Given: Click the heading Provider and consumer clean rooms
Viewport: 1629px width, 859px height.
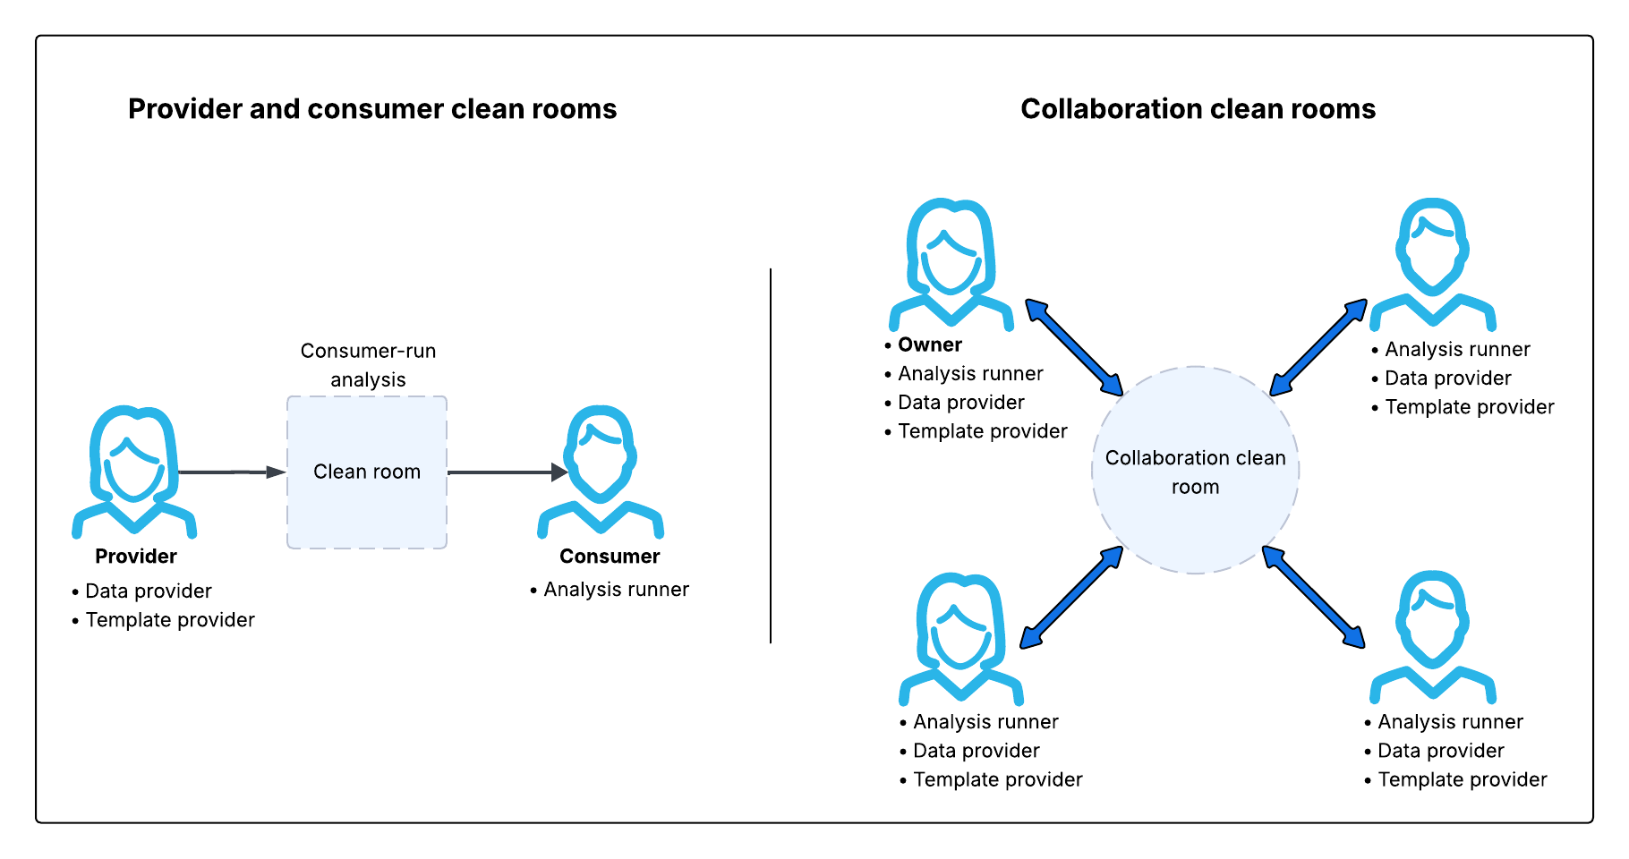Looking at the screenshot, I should pos(372,109).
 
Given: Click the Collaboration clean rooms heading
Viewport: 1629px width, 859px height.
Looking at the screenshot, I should pos(1198,109).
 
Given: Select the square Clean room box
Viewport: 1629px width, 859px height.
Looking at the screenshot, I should pos(367,472).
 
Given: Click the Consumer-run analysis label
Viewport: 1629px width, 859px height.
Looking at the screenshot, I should pos(368,365).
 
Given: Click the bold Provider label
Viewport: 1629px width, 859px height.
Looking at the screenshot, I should pos(136,557).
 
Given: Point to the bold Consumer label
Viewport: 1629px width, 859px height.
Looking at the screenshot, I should pos(610,557).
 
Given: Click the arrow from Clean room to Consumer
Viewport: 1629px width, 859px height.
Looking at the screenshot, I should pos(507,472).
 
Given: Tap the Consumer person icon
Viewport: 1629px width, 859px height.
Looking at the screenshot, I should pos(601,472).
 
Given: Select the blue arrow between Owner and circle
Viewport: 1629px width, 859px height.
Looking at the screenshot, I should pos(1074,347).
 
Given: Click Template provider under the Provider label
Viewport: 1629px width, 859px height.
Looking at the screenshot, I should pos(170,620).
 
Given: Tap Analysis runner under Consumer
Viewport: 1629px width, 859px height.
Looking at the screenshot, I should pos(616,590).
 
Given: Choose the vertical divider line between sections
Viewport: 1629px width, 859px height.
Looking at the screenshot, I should pos(771,456).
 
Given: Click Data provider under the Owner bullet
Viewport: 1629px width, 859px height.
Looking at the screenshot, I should pos(960,403).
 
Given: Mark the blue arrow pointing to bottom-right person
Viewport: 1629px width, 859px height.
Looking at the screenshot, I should pos(1314,597).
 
